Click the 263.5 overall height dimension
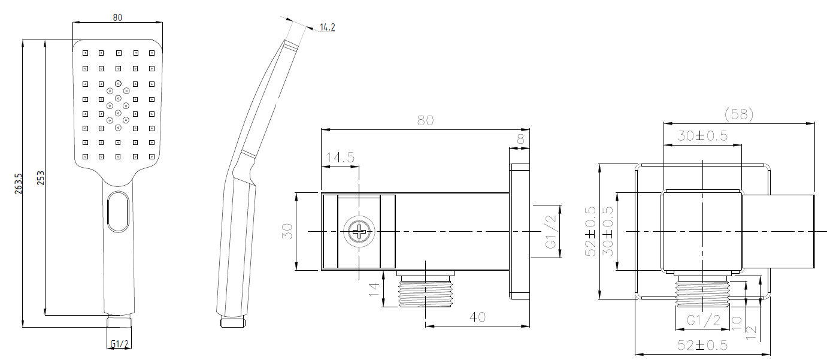tap(19, 183)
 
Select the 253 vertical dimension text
tap(41, 178)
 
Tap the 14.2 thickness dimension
tap(327, 27)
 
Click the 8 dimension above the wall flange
tap(519, 138)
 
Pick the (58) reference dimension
tap(738, 114)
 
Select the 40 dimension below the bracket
tap(477, 316)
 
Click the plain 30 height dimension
tap(287, 231)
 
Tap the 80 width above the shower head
tap(117, 17)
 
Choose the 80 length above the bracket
tap(425, 120)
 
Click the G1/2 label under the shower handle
tap(119, 344)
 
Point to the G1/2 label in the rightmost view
tap(703, 320)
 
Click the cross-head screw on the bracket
tap(359, 231)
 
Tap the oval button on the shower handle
tap(118, 212)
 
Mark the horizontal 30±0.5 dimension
tap(702, 136)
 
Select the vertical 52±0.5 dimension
tap(590, 231)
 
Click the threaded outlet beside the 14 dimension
tap(425, 292)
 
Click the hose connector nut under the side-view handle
tap(233, 322)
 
